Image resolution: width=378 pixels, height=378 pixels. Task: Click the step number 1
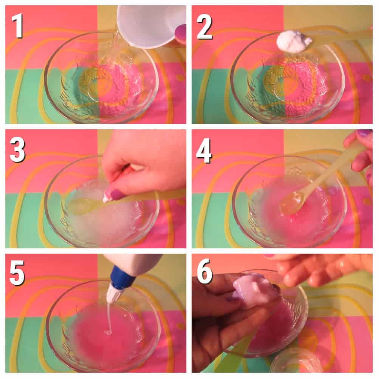click(18, 26)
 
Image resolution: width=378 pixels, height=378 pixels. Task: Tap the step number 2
click(204, 26)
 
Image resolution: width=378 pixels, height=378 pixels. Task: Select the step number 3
click(17, 150)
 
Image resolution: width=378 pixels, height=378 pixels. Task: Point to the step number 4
click(204, 151)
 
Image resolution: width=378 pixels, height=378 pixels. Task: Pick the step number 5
click(17, 273)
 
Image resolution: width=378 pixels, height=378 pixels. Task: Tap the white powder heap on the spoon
click(294, 42)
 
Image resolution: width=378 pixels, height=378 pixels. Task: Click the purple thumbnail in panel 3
click(115, 195)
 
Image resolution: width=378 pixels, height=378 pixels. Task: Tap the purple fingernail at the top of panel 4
click(364, 133)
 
